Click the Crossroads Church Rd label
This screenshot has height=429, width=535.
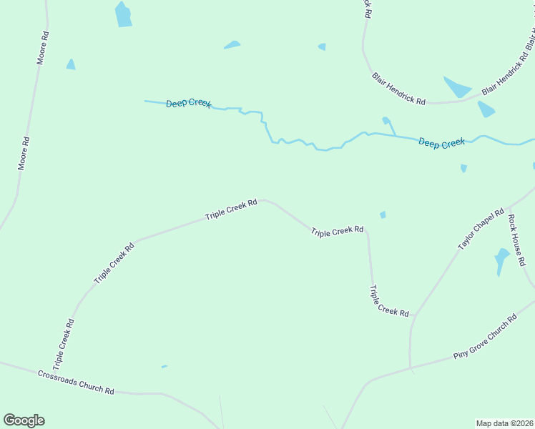point(77,382)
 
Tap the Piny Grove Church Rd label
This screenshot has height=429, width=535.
point(484,337)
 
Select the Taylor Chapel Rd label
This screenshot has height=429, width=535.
point(481,230)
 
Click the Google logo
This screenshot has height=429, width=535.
point(24,420)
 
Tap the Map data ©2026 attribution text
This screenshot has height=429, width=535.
point(504,423)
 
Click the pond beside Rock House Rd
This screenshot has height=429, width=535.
point(502,258)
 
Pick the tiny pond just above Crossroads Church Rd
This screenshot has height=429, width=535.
point(165,367)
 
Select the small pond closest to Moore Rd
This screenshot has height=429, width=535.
point(70,64)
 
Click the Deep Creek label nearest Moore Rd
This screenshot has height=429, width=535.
point(189,104)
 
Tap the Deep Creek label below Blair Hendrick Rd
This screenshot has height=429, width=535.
point(441,143)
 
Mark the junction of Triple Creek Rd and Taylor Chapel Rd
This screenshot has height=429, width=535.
point(415,315)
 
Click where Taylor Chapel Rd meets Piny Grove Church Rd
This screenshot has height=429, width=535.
point(411,370)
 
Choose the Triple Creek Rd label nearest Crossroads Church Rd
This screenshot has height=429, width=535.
point(64,344)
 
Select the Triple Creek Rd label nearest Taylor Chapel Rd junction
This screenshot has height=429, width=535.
point(388,301)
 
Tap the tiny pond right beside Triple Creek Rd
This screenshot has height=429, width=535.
point(383,214)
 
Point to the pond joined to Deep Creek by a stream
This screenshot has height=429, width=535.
point(386,120)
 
